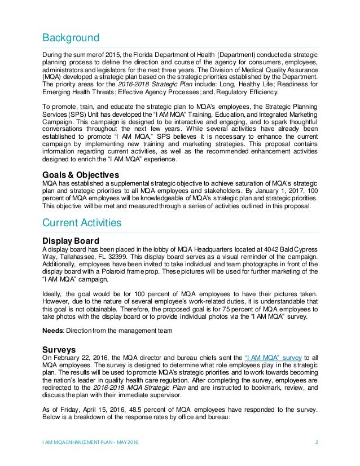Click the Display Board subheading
coord(72,241)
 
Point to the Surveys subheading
coord(59,349)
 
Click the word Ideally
coord(55,294)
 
